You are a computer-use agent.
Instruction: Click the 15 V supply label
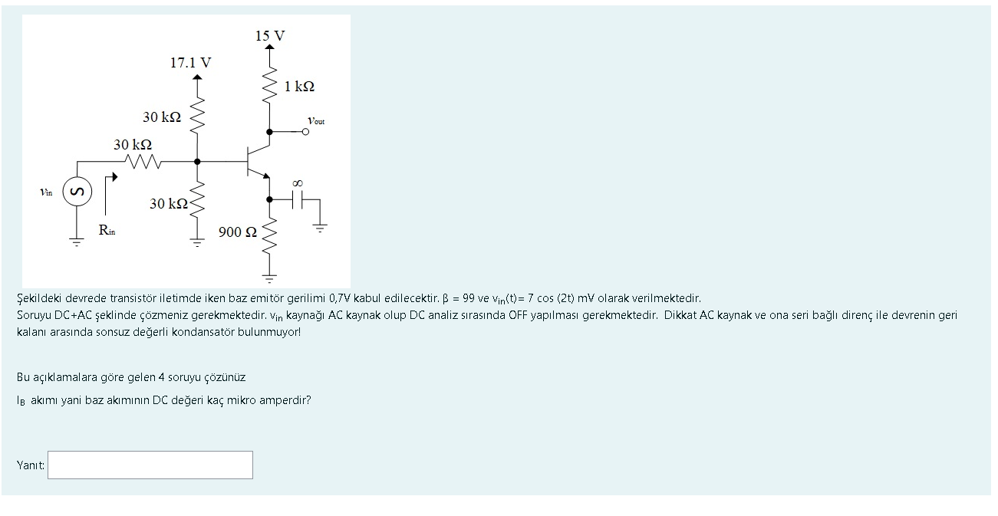[269, 35]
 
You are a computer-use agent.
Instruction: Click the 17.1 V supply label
[190, 63]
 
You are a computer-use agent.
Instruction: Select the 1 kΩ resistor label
[299, 87]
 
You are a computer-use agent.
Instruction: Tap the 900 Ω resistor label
[238, 232]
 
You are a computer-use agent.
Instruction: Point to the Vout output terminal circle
[306, 132]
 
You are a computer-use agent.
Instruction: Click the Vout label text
[316, 120]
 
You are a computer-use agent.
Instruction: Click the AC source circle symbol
[76, 192]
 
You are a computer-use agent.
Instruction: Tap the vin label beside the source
[47, 192]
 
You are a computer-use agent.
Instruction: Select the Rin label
[107, 229]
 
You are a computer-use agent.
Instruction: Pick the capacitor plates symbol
[298, 199]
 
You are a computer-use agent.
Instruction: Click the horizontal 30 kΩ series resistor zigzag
[143, 162]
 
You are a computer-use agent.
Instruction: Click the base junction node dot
[197, 162]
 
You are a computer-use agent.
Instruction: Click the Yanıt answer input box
[150, 465]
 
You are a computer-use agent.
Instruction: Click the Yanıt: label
[31, 465]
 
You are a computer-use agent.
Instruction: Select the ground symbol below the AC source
[76, 243]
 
